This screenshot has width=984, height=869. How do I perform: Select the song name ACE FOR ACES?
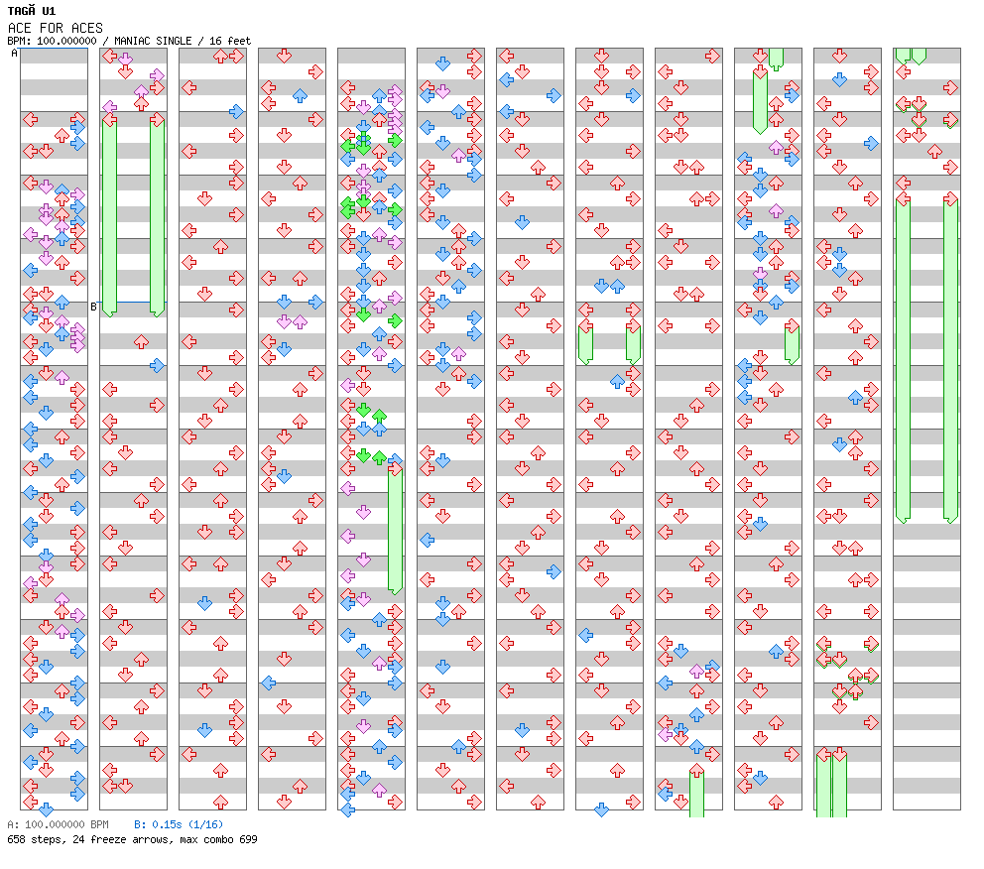55,28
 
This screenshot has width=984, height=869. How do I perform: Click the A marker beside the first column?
15,54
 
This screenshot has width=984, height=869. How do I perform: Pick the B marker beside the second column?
94,307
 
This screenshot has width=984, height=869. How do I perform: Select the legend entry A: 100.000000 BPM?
58,824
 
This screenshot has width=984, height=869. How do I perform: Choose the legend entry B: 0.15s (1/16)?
179,824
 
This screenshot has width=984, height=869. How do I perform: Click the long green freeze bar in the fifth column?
395,526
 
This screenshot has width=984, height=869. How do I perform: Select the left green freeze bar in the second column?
110,213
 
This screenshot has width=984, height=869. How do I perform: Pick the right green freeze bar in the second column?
157,213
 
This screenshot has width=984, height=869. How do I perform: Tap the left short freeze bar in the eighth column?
585,343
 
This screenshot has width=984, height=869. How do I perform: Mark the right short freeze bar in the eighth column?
633,343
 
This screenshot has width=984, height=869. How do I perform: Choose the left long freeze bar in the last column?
903,357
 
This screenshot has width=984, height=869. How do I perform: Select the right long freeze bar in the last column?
950,357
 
